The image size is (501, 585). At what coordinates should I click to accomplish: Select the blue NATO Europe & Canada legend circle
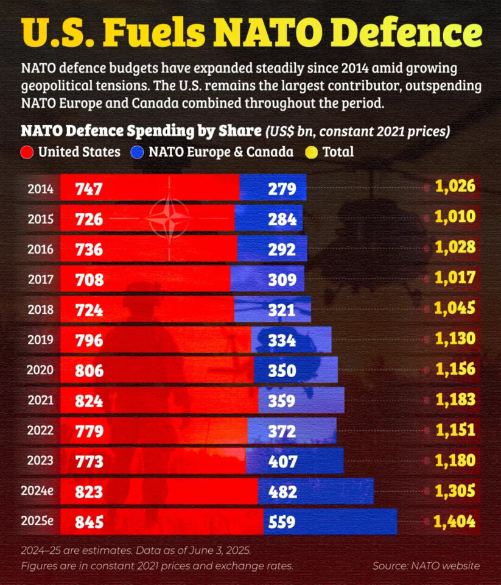tap(138, 152)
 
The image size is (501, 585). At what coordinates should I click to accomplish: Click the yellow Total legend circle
tap(312, 152)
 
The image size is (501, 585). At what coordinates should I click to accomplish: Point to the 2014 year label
tap(40, 189)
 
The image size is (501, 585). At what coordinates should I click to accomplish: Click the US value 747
tap(89, 189)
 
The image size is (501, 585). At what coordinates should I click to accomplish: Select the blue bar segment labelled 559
tap(330, 522)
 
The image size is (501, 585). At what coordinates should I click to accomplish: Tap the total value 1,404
tap(455, 522)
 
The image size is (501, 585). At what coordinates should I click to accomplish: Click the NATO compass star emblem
tap(169, 218)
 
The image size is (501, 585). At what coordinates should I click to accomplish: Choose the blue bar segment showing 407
tap(295, 461)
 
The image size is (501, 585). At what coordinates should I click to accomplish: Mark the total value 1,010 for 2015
tap(455, 218)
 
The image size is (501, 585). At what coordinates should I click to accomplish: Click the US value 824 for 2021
tap(89, 401)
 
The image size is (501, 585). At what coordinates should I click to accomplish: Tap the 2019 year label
tap(40, 339)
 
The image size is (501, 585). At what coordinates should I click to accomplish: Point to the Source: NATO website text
tap(426, 566)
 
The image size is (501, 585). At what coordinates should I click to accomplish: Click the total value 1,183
tap(455, 400)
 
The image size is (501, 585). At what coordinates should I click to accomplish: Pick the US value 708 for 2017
tap(89, 280)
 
